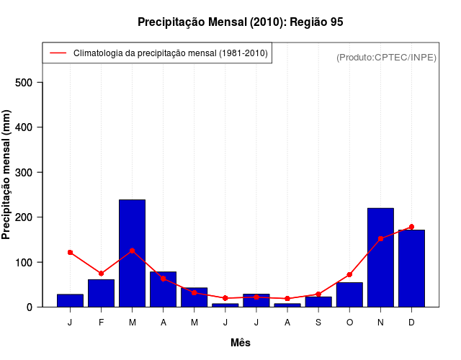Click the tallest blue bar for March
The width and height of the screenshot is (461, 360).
(132, 253)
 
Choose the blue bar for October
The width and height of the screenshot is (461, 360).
(349, 294)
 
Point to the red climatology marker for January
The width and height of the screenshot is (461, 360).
(70, 253)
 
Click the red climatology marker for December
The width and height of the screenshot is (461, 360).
(411, 227)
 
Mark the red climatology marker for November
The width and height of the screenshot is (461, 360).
(380, 238)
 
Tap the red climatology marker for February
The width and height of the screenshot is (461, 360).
(101, 274)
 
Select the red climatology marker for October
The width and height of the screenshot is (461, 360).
(349, 275)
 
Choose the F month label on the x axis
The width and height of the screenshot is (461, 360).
(101, 322)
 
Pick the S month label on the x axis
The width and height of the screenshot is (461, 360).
(318, 322)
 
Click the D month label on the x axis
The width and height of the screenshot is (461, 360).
(411, 322)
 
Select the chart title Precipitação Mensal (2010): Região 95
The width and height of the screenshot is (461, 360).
(241, 22)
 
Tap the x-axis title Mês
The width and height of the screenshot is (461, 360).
(241, 343)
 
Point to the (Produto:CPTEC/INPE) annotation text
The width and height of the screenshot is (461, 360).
(386, 57)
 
